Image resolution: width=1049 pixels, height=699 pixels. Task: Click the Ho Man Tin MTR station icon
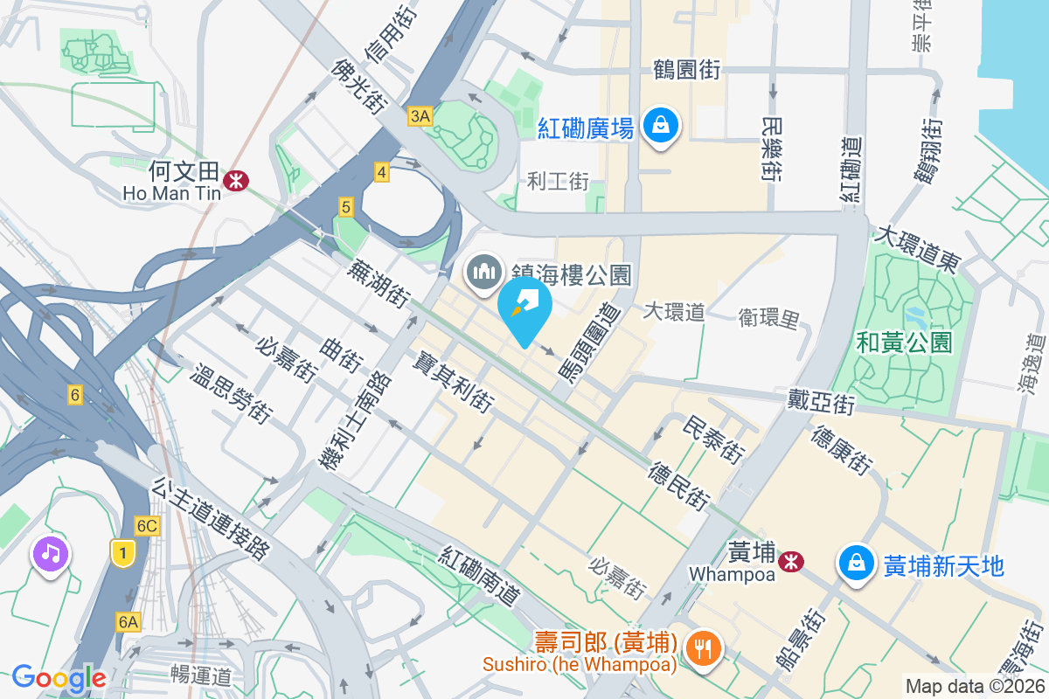pyautogui.click(x=234, y=180)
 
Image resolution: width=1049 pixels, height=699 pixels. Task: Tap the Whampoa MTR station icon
pyautogui.click(x=792, y=561)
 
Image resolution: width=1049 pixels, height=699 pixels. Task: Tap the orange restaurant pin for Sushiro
pyautogui.click(x=703, y=647)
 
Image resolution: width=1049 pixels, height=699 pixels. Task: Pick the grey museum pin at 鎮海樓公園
pyautogui.click(x=483, y=273)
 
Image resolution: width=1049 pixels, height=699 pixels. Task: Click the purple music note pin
pyautogui.click(x=51, y=554)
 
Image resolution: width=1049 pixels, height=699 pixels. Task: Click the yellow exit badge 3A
pyautogui.click(x=420, y=115)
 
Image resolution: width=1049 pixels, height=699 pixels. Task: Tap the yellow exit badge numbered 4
pyautogui.click(x=381, y=172)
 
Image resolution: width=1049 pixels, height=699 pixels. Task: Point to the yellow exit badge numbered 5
pyautogui.click(x=346, y=207)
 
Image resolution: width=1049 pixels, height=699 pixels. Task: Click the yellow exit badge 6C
pyautogui.click(x=147, y=525)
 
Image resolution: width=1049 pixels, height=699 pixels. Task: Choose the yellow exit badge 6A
pyautogui.click(x=128, y=621)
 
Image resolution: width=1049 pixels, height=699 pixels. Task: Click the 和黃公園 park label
pyautogui.click(x=904, y=343)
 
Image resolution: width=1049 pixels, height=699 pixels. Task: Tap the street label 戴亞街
pyautogui.click(x=819, y=403)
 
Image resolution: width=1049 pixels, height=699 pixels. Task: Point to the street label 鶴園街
pyautogui.click(x=686, y=70)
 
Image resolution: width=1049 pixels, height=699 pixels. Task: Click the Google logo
pyautogui.click(x=59, y=677)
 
